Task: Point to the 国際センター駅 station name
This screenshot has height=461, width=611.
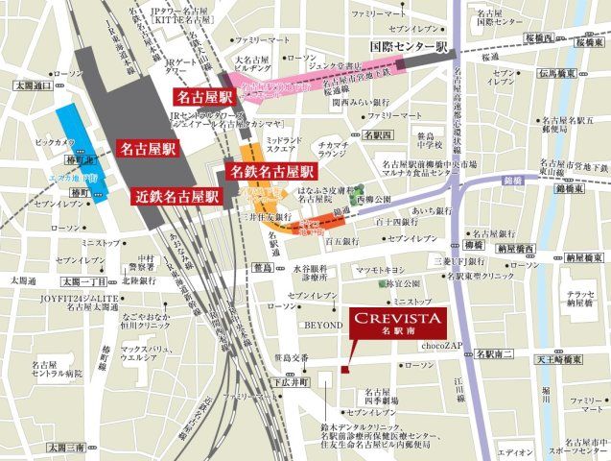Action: (x=405, y=44)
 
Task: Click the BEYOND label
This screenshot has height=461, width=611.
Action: (x=322, y=326)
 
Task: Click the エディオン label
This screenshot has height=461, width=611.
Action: (x=515, y=451)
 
